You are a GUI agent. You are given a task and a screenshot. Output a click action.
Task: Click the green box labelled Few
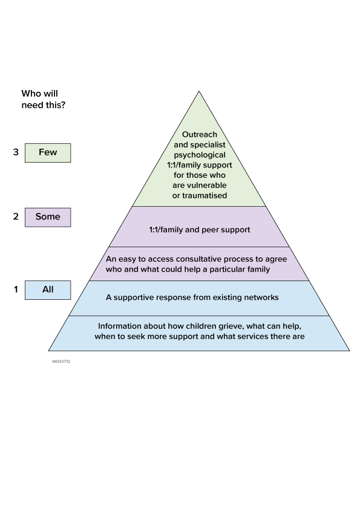[48, 152]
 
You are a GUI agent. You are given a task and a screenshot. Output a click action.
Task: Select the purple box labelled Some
[48, 217]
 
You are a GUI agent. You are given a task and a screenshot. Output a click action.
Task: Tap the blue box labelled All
[48, 290]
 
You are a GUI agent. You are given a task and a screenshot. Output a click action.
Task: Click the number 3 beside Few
[16, 152]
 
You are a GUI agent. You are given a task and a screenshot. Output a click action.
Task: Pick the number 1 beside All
[16, 290]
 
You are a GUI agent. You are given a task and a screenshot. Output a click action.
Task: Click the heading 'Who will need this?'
[44, 99]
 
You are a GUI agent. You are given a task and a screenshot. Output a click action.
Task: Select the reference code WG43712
[61, 361]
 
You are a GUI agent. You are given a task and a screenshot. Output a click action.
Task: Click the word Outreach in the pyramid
[199, 134]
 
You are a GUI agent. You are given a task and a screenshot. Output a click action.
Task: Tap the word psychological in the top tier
[199, 154]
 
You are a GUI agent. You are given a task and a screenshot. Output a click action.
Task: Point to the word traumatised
[199, 195]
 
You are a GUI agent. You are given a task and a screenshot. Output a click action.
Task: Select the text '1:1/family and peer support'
[199, 230]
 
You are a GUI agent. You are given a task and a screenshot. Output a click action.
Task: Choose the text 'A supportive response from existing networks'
[192, 297]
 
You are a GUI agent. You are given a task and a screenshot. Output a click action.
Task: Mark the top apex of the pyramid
[199, 92]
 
